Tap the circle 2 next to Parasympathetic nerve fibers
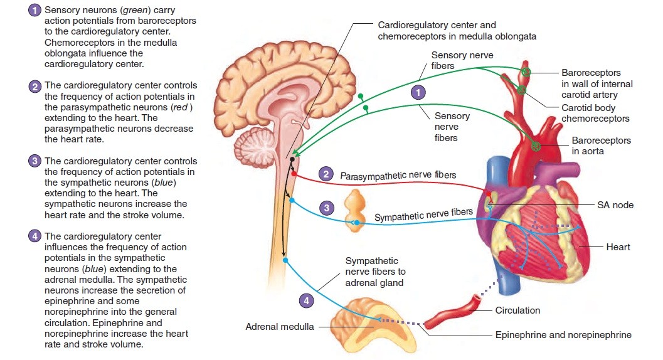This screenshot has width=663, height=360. click(x=326, y=174)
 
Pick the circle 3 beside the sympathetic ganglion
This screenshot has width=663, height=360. click(x=325, y=208)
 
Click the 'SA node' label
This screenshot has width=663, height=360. click(x=615, y=205)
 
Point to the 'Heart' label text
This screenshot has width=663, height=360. click(x=618, y=247)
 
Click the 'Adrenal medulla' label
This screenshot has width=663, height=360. click(x=280, y=327)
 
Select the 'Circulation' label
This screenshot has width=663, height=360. click(x=517, y=310)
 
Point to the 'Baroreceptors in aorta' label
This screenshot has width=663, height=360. click(x=601, y=146)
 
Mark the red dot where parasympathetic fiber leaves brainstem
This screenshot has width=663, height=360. click(x=293, y=174)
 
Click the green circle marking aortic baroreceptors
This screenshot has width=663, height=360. click(x=536, y=146)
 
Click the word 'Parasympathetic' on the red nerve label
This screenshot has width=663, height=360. click(x=370, y=176)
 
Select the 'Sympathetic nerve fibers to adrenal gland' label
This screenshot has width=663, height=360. click(x=375, y=272)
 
